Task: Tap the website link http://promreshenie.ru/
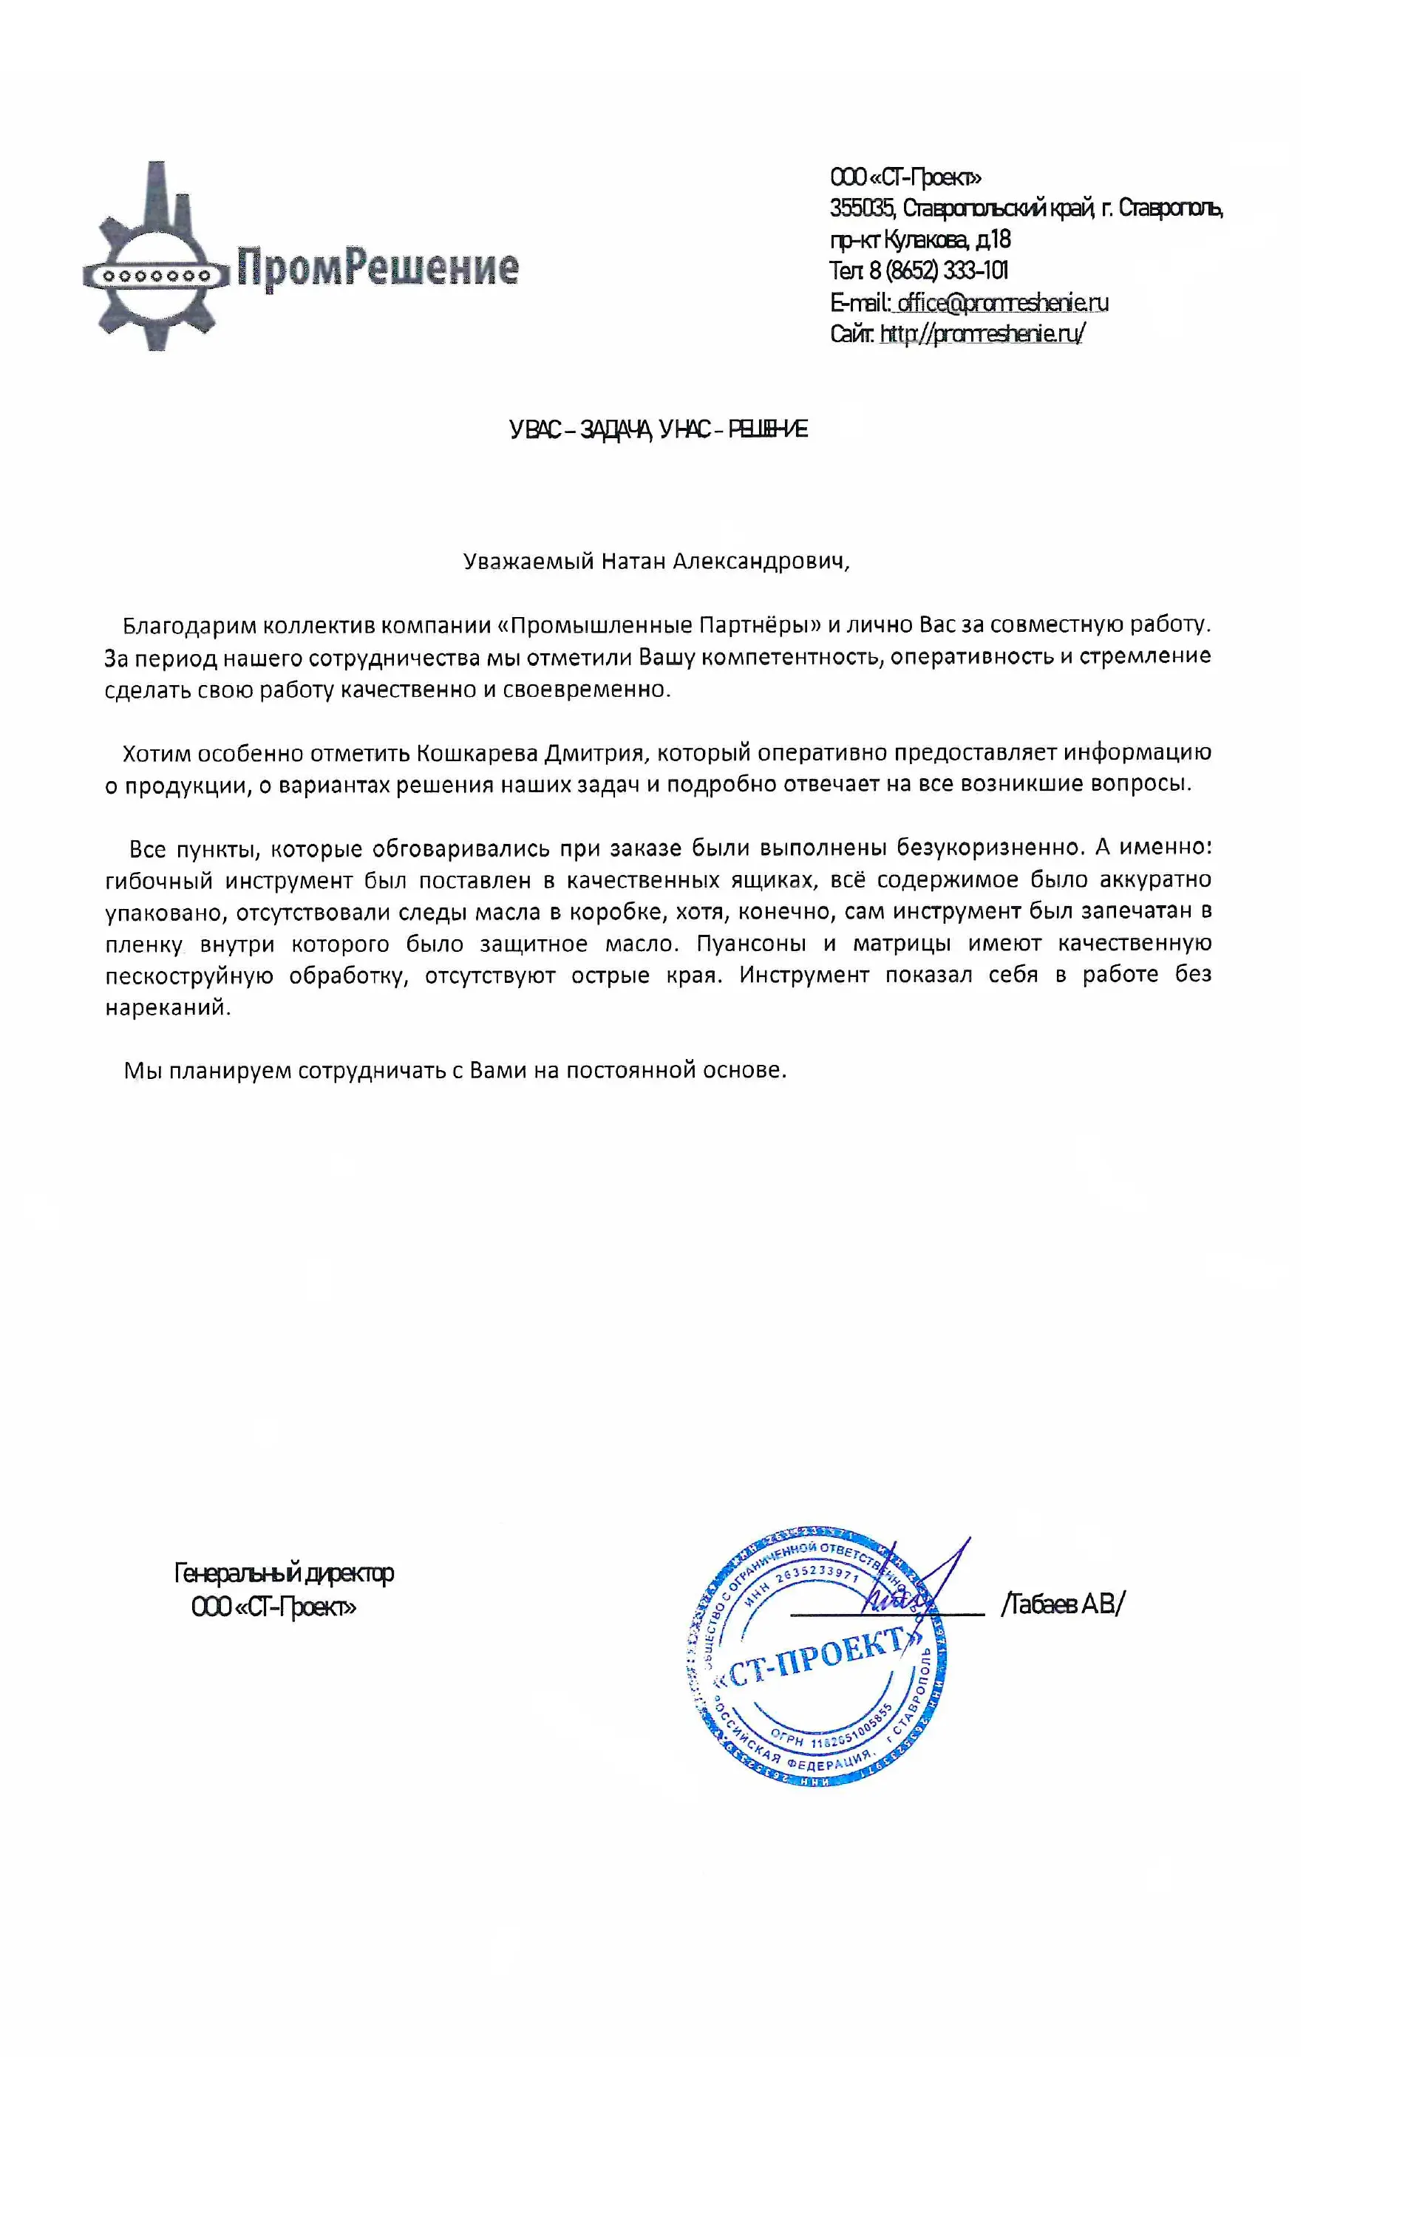pyautogui.click(x=982, y=333)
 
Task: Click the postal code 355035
pyautogui.click(x=860, y=208)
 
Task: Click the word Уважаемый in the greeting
pyautogui.click(x=528, y=562)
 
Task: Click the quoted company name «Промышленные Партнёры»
pyautogui.click(x=659, y=625)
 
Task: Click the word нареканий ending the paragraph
pyautogui.click(x=166, y=1007)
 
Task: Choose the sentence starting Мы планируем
pyautogui.click(x=455, y=1071)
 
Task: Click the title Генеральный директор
pyautogui.click(x=284, y=1573)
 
